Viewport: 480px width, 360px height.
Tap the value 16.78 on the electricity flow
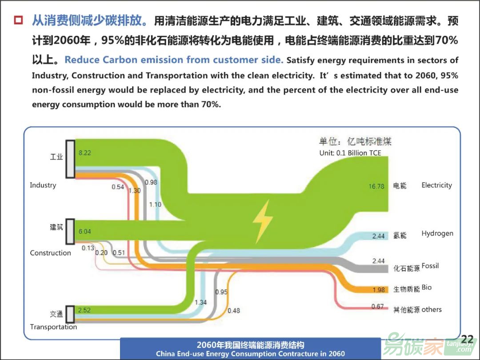(x=376, y=186)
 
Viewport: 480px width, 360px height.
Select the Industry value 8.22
(x=85, y=153)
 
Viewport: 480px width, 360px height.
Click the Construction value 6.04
(x=85, y=232)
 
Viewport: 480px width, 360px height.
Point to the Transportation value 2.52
(x=84, y=310)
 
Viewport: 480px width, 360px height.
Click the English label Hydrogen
(x=437, y=234)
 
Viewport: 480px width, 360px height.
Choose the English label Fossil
(x=430, y=266)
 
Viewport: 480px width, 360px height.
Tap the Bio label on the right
(x=426, y=288)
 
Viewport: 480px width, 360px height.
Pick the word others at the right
(x=432, y=309)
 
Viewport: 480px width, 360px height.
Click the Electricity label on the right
(x=436, y=185)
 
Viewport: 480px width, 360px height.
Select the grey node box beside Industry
(x=71, y=159)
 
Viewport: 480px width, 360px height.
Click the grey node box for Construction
(x=70, y=232)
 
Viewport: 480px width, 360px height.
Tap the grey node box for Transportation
(x=70, y=314)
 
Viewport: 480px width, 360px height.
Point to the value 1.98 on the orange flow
(x=378, y=290)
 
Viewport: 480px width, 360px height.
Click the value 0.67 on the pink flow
(x=377, y=306)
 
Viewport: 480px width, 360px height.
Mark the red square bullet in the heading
(x=18, y=20)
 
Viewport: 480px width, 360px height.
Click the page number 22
(x=467, y=339)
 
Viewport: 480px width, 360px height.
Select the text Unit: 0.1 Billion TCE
(x=350, y=153)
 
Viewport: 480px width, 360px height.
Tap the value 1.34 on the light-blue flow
(x=200, y=303)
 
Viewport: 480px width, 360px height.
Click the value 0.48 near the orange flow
(x=234, y=311)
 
